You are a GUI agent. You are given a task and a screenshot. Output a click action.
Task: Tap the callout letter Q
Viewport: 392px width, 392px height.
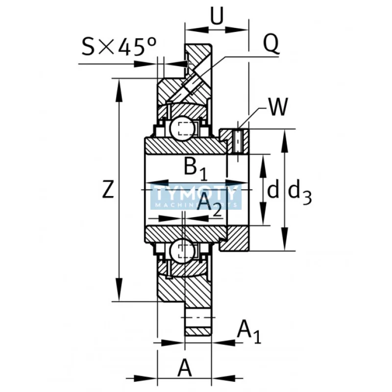[x=271, y=46]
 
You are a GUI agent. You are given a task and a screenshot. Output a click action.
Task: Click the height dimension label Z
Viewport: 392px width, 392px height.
[x=108, y=190]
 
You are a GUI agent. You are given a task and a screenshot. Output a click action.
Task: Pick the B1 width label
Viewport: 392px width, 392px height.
[x=196, y=168]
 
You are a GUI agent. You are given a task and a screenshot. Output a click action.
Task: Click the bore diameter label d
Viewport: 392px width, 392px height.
[x=273, y=190]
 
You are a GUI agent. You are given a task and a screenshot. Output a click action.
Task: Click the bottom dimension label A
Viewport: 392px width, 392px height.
[x=184, y=367]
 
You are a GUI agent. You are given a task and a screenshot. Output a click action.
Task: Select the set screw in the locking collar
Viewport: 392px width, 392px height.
[x=238, y=141]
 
